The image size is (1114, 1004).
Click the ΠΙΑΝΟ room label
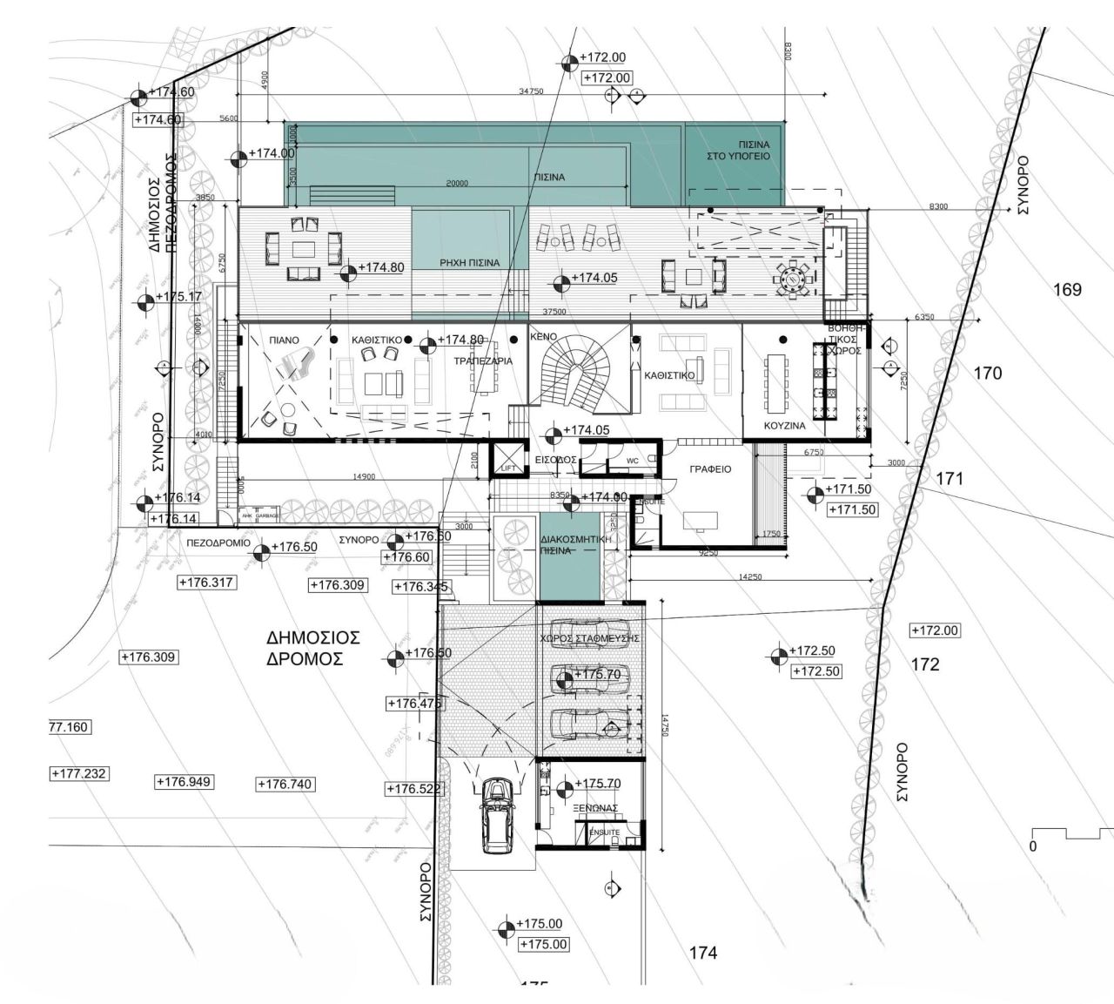pos(284,340)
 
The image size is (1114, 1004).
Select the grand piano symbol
pos(296,364)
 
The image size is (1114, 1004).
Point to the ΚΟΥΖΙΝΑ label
pos(784,427)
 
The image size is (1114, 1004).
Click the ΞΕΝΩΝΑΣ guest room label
pos(596,808)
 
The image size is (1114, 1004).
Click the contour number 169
pos(1068,290)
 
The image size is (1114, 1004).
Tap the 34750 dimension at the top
pos(531,91)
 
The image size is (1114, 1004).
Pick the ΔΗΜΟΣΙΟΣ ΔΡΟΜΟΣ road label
pos(313,649)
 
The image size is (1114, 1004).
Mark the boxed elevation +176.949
pos(184,782)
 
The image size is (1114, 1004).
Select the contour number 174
pos(703,953)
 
